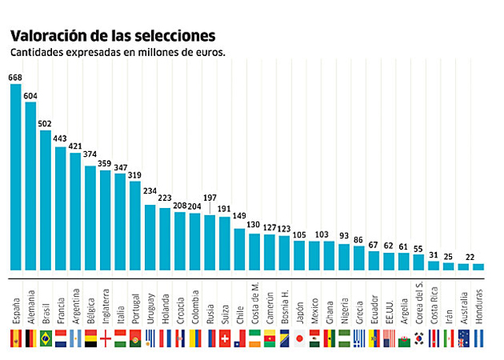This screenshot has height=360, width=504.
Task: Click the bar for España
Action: pos(16,176)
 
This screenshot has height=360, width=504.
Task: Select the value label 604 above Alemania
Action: pos(31,95)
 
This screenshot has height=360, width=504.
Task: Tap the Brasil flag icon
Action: pos(46,339)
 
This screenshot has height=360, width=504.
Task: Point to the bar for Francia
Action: pos(61,208)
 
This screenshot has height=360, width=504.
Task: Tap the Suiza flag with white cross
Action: pos(225,339)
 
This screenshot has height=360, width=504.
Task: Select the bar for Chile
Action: pos(240,248)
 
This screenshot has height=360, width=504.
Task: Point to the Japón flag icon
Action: pos(300,339)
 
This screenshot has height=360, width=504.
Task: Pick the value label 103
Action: pos(321,235)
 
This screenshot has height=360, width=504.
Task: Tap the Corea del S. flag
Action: pos(419,339)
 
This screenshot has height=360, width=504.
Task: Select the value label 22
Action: pos(470,257)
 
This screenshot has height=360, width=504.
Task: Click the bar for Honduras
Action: pos(479,266)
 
